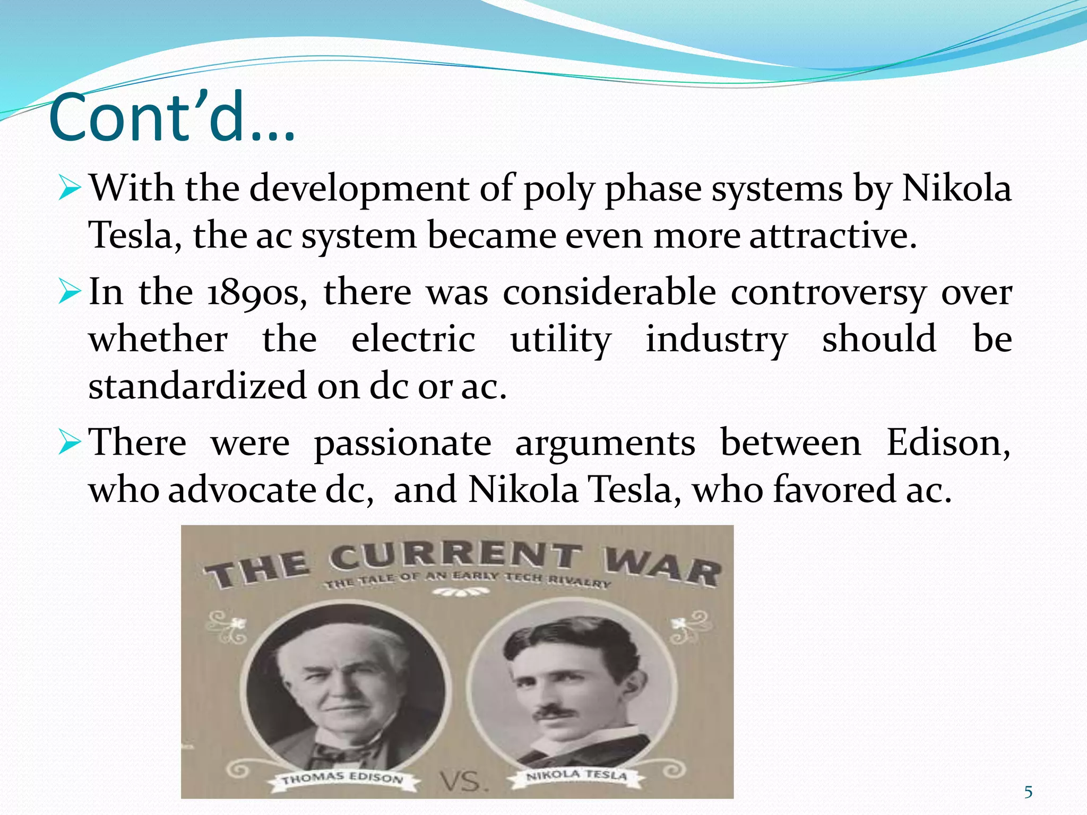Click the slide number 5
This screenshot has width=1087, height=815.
1028,792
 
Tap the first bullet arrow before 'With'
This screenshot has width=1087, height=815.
69,189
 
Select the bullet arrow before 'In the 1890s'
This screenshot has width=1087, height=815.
69,292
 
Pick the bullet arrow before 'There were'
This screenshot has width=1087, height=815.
69,443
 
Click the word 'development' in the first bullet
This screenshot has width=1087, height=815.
359,189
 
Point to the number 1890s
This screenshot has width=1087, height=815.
256,293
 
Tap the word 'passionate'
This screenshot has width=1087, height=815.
402,444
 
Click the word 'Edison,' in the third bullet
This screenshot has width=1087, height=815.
948,443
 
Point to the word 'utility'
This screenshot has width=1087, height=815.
560,340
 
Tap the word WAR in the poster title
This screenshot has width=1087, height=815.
662,568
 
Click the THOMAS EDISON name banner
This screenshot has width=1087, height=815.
342,778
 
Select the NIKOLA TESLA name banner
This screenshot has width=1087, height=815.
576,775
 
